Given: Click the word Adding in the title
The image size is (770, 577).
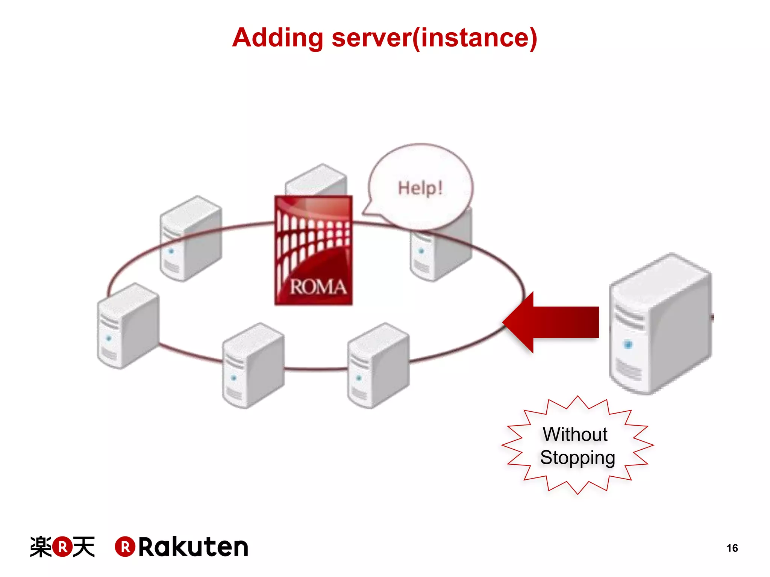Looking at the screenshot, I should [x=277, y=38].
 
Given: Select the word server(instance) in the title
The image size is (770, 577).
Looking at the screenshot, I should [x=434, y=38].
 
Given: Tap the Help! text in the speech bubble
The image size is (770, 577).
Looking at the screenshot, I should [x=420, y=188].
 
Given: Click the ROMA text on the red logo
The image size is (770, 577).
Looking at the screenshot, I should [x=318, y=287].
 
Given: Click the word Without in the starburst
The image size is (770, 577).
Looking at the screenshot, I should [x=575, y=435].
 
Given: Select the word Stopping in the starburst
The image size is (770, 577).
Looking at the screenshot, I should [x=577, y=458].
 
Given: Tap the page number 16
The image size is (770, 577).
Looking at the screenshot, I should [x=732, y=548].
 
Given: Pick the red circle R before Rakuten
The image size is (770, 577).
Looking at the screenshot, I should [x=125, y=547].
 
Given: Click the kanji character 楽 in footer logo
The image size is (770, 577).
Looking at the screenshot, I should [x=41, y=547].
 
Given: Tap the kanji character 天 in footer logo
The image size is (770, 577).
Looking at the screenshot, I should [x=83, y=547].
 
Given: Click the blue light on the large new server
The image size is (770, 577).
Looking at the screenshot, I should [x=628, y=344].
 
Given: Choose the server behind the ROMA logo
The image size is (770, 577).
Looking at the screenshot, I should [x=316, y=180].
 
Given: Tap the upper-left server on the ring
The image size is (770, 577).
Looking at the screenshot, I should [x=190, y=239].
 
